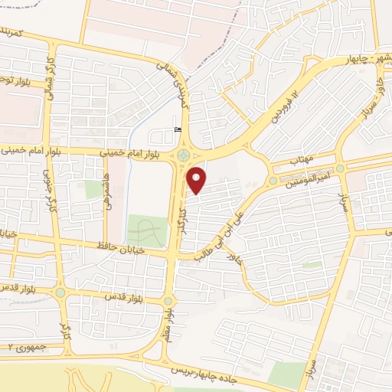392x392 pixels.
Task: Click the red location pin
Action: click(x=198, y=180)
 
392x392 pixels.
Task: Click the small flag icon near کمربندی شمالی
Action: click(x=178, y=129)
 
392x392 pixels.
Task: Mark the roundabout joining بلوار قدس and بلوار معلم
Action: click(x=168, y=300)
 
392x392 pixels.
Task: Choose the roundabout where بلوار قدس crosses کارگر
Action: click(x=60, y=291)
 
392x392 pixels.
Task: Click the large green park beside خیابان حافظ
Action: click(x=147, y=230)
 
